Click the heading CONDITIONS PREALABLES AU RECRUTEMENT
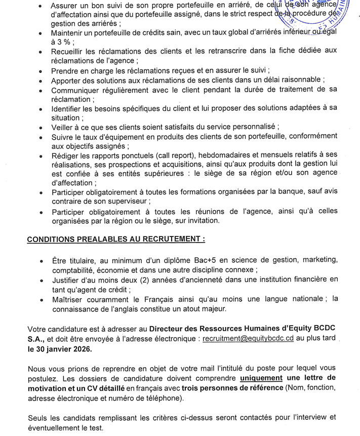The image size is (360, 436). click(116, 238)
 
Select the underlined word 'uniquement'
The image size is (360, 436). click(262, 377)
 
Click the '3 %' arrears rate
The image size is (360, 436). click(63, 42)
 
